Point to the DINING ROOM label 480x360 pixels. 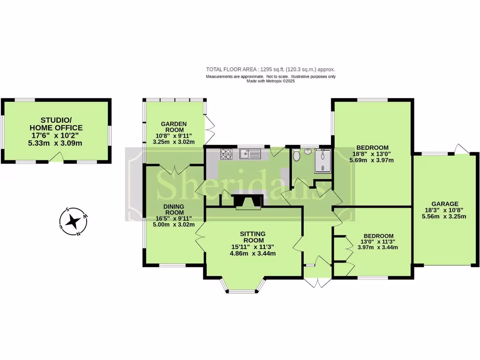tap(173, 210)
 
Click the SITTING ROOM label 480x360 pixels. tap(253, 237)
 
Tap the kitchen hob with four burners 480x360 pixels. tap(226, 153)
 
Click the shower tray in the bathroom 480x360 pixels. tap(323, 160)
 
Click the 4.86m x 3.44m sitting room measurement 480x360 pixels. tap(253, 254)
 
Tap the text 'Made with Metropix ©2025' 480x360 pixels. tap(270, 81)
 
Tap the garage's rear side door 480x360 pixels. tap(462, 149)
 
